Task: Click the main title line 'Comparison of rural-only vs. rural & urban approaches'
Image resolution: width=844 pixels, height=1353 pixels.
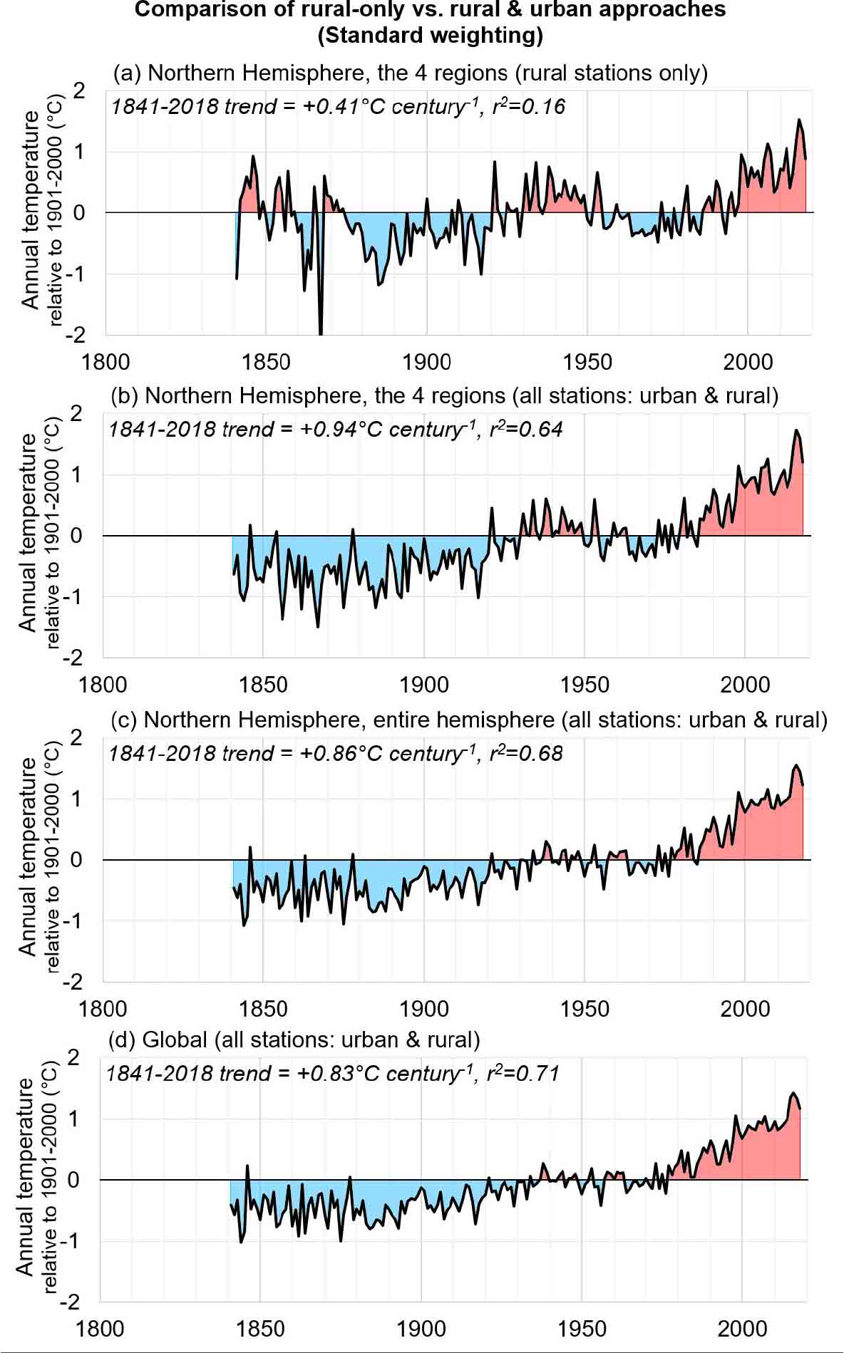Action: tap(430, 10)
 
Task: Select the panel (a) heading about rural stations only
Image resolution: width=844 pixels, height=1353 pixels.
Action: tap(410, 73)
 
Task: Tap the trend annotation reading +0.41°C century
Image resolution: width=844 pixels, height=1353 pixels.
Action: tap(338, 107)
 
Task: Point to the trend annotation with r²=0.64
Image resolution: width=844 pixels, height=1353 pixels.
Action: tap(335, 430)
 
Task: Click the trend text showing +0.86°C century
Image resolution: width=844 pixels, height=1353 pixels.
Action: tap(335, 753)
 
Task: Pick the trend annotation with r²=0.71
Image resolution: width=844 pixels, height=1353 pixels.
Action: tap(332, 1074)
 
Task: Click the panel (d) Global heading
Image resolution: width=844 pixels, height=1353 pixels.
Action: tap(294, 1040)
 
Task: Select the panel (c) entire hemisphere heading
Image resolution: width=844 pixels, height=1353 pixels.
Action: tap(469, 720)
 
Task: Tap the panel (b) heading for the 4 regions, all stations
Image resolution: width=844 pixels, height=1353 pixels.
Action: tap(444, 396)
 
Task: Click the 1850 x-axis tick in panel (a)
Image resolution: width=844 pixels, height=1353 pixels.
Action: tap(266, 362)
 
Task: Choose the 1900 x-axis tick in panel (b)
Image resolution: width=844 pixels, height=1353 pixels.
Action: tap(424, 685)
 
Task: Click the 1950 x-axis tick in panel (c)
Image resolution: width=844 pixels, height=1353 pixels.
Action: tap(585, 1009)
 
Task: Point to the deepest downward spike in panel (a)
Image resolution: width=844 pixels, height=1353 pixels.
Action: tap(321, 332)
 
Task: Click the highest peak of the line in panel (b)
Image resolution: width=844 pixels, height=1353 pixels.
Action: tap(796, 430)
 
